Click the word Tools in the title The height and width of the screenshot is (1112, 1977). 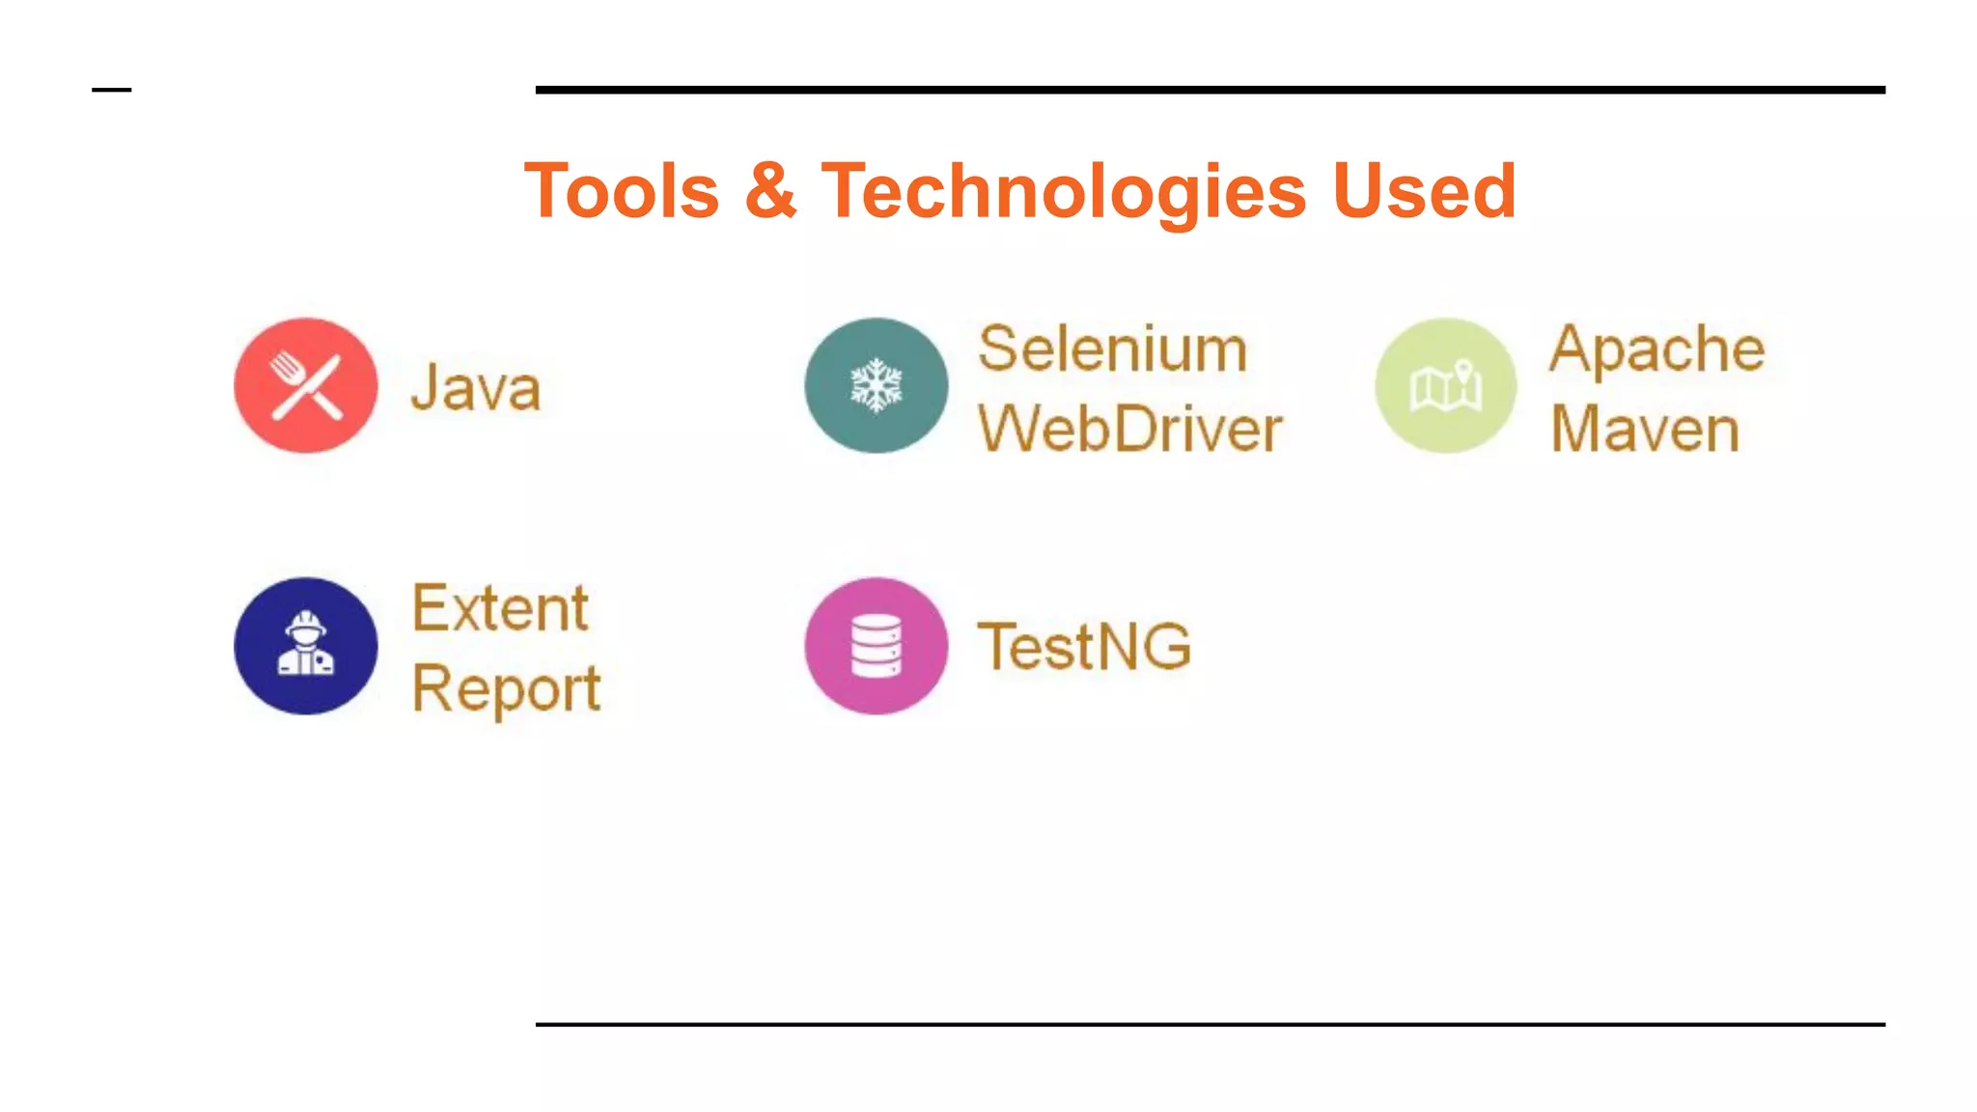[x=622, y=191]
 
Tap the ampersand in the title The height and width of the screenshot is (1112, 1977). [x=770, y=191]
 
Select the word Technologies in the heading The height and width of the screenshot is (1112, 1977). [x=1063, y=191]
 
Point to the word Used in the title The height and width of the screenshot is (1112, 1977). [x=1424, y=191]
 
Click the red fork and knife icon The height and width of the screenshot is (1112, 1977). [x=306, y=386]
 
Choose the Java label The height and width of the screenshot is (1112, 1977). [x=476, y=388]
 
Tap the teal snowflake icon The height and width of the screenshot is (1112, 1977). [x=876, y=386]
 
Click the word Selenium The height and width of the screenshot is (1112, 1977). [x=1112, y=348]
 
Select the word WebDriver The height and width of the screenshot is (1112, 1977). [x=1129, y=429]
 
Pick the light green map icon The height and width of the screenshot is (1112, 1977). [x=1445, y=386]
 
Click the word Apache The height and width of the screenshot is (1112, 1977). [x=1657, y=348]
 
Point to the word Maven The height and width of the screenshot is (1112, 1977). [x=1645, y=429]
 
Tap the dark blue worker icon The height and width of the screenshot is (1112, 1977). [x=306, y=646]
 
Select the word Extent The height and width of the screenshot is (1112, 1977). [x=500, y=608]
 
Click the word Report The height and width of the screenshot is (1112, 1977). [x=506, y=689]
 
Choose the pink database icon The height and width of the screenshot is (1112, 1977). [x=876, y=646]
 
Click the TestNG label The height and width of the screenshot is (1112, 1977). [x=1084, y=646]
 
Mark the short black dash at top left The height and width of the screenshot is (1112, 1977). [x=111, y=90]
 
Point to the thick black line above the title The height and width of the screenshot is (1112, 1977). [x=1210, y=90]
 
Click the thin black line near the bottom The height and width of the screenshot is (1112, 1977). [x=1210, y=1024]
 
